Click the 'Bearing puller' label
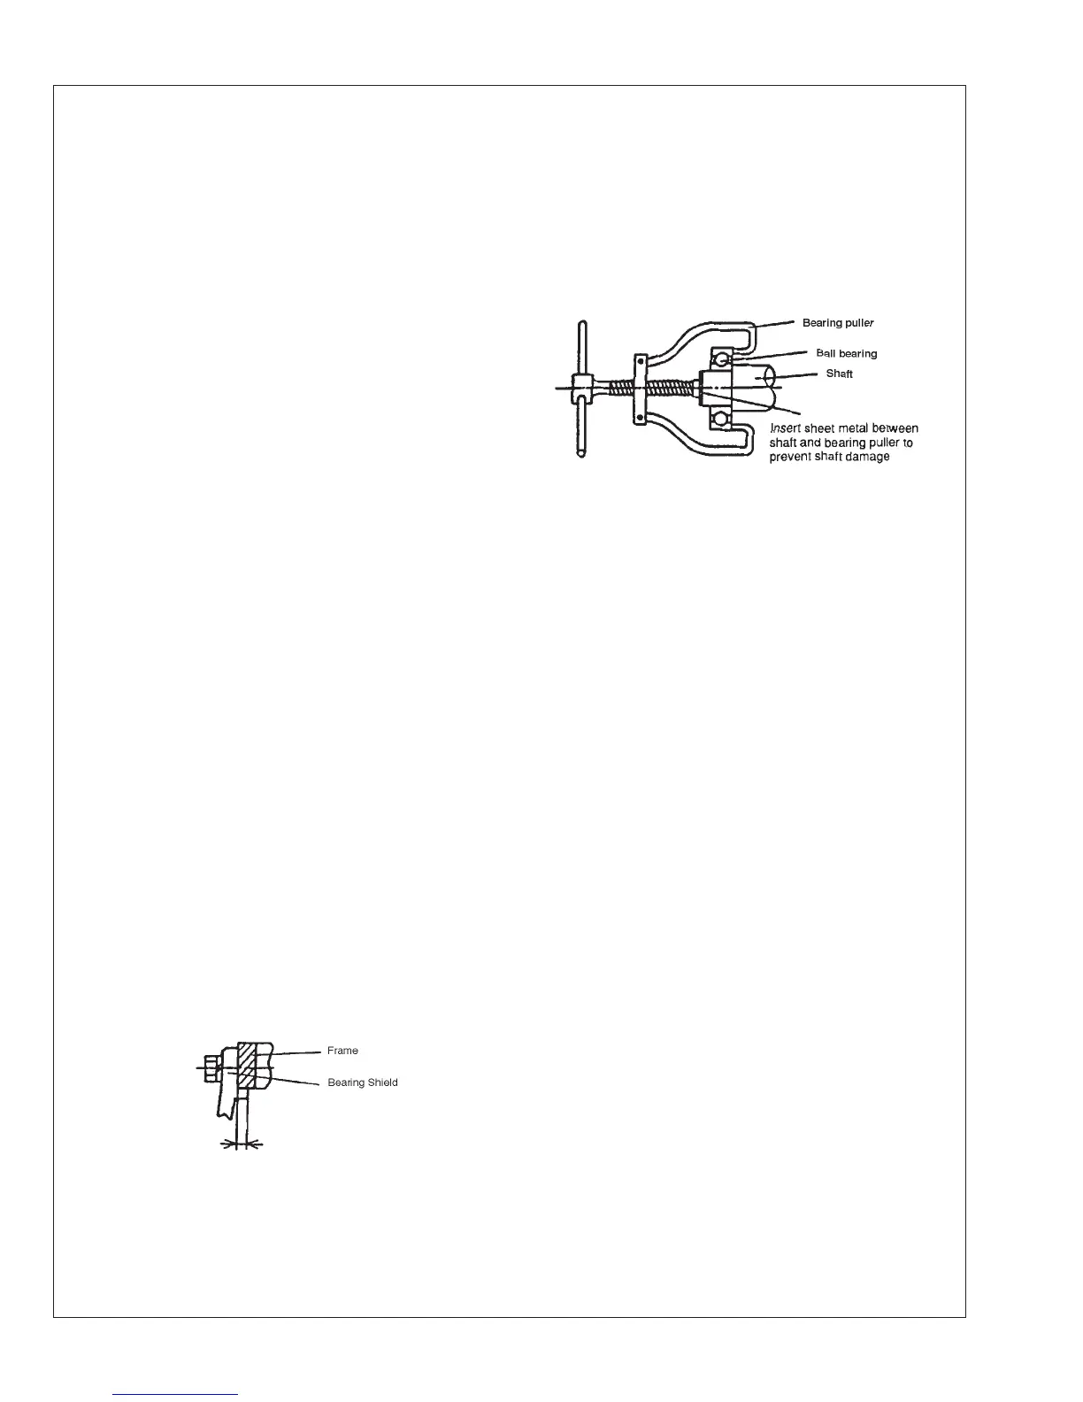pyautogui.click(x=838, y=323)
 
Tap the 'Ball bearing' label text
pyautogui.click(x=846, y=353)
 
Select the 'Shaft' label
pyautogui.click(x=839, y=374)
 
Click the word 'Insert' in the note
pyautogui.click(x=786, y=428)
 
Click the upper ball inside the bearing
pyautogui.click(x=723, y=358)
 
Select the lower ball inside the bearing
pyautogui.click(x=723, y=418)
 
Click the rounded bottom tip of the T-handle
pyautogui.click(x=580, y=453)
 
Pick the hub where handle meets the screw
pyautogui.click(x=581, y=388)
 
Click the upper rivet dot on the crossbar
pyautogui.click(x=639, y=361)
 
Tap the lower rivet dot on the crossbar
pyautogui.click(x=639, y=416)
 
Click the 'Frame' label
pyautogui.click(x=342, y=1051)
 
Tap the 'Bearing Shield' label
pyautogui.click(x=363, y=1082)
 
